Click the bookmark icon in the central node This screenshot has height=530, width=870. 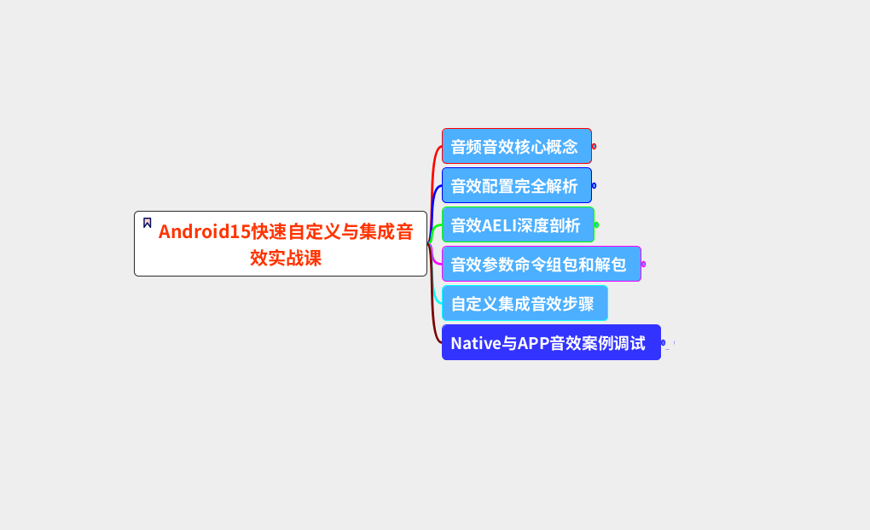tap(148, 223)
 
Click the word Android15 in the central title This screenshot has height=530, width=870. tap(204, 232)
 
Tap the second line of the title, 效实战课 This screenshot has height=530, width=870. tap(286, 258)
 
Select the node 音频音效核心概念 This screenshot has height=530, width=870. tap(516, 146)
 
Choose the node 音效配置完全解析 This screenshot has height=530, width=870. tap(516, 185)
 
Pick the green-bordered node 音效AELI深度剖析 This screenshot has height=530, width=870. tap(517, 224)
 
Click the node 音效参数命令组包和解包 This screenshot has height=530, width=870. tap(541, 264)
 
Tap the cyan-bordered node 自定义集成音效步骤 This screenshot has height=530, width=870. tap(524, 303)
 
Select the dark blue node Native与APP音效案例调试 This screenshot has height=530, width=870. tap(550, 342)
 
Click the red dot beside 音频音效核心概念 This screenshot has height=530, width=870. tap(594, 146)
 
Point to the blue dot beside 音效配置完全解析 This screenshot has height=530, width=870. tap(594, 185)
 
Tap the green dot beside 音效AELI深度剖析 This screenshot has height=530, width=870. tap(596, 224)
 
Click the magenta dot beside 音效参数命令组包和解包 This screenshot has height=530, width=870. tap(643, 264)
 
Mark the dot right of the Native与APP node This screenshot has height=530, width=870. tap(663, 342)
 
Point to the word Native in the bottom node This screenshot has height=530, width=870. tap(474, 343)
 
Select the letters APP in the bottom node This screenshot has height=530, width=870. tap(533, 343)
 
